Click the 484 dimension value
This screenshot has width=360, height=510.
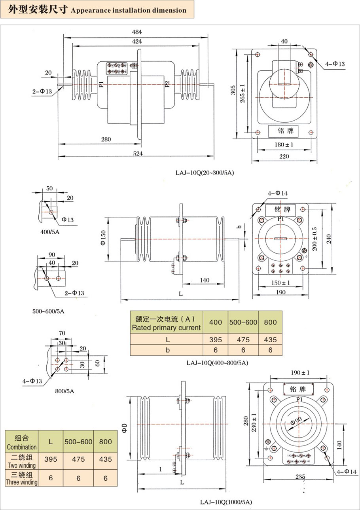[x=136, y=32]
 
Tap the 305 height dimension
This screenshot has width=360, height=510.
[x=233, y=91]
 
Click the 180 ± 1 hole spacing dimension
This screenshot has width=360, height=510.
[x=284, y=144]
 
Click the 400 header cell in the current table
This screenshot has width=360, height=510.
[x=216, y=322]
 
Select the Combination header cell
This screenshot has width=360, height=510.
[x=22, y=442]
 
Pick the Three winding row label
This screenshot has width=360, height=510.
[x=22, y=478]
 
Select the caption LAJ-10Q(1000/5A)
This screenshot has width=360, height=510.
[x=226, y=502]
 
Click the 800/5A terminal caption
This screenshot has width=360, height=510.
[x=64, y=391]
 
